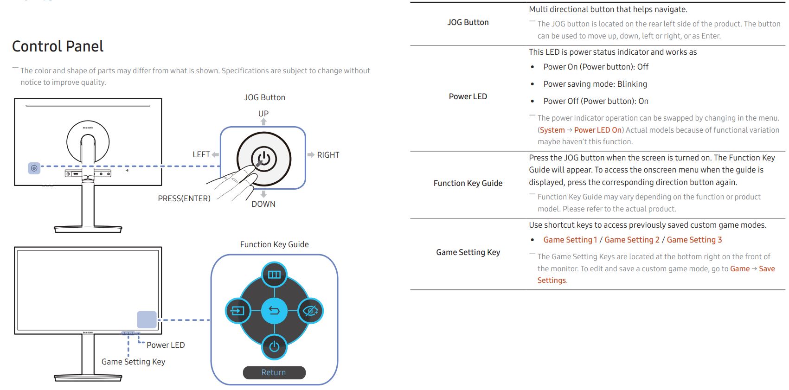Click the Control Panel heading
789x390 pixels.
pos(58,46)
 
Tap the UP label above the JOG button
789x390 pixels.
pos(263,114)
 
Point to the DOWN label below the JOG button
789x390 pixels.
pos(263,204)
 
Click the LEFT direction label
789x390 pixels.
pos(201,154)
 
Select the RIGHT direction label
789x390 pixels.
pos(328,155)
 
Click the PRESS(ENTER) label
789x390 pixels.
pos(184,198)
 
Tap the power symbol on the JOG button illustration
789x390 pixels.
pos(264,159)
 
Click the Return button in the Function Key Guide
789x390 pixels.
pos(274,372)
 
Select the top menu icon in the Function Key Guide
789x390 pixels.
pos(274,275)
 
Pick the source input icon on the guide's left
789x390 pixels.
pos(238,311)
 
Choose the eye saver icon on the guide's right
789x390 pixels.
pos(311,311)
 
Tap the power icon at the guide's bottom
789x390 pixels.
pos(274,347)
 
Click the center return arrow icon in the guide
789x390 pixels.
pos(274,311)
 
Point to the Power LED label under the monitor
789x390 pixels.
pos(166,345)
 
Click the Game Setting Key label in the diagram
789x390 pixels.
pos(133,361)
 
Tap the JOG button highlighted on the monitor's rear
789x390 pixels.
pos(34,168)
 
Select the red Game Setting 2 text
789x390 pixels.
pos(632,240)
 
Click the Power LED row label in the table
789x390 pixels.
pos(468,96)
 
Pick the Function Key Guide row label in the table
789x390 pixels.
pos(468,183)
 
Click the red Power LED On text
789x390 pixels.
pos(598,130)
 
